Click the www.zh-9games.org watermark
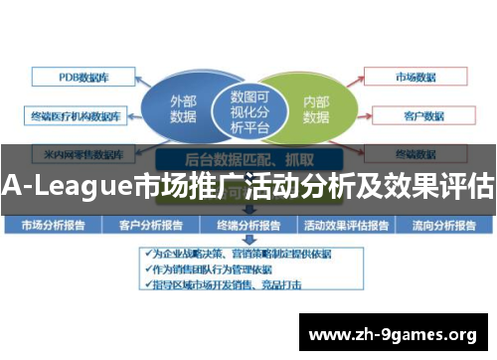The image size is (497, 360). pos(393,333)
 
